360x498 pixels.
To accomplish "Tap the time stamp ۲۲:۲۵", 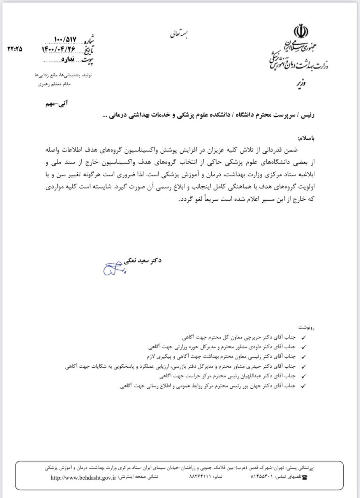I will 15,49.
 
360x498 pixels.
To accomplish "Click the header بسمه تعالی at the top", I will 179,34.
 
